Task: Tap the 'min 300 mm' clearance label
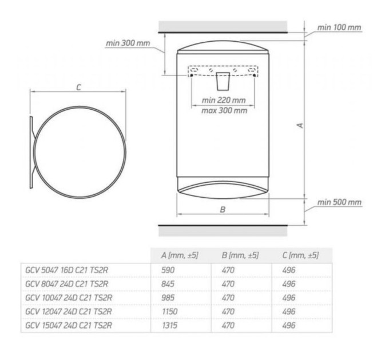(128, 43)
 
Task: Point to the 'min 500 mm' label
(339, 202)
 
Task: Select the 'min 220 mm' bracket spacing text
(224, 101)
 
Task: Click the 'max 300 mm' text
(224, 110)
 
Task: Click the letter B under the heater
(223, 209)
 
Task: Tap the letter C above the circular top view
(78, 87)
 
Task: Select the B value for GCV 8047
(228, 283)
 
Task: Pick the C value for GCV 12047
(289, 311)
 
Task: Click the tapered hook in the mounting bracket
(223, 81)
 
